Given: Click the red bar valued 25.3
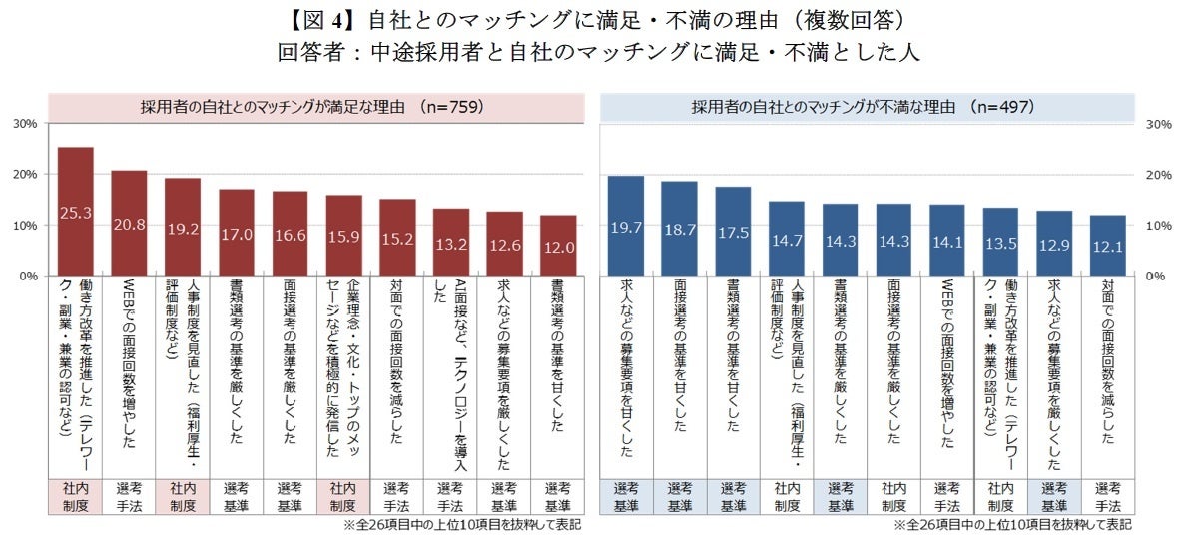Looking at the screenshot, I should (x=76, y=211).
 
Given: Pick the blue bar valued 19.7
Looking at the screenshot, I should (x=626, y=225).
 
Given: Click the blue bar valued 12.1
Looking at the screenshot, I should (x=1107, y=245).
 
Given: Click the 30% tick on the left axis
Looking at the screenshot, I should (x=25, y=124).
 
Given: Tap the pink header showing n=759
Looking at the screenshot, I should (x=316, y=106).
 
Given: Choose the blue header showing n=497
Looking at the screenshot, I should (x=867, y=106).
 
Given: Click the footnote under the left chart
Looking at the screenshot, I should (x=461, y=524).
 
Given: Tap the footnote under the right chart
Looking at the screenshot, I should (x=1012, y=524).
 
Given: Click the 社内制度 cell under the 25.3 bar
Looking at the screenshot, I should (x=76, y=497).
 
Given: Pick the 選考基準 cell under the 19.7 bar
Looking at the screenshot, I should (x=626, y=497).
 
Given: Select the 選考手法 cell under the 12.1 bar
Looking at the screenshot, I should (x=1107, y=497).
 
